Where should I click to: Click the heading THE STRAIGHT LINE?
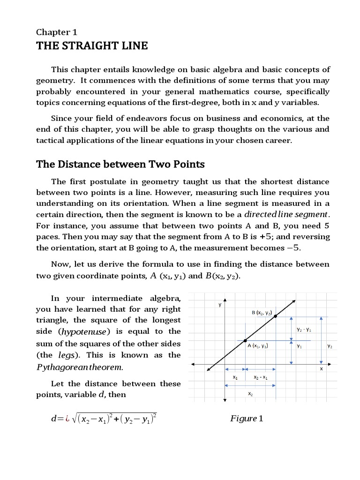point(92,45)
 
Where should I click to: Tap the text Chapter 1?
point(57,32)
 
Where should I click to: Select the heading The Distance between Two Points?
point(120,164)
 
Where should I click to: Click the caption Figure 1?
point(247,418)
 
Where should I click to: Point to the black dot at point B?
point(275,316)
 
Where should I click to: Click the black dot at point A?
point(245,340)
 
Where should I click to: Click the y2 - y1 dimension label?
point(304,330)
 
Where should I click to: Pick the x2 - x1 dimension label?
point(260,377)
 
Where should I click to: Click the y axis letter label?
point(219,305)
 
